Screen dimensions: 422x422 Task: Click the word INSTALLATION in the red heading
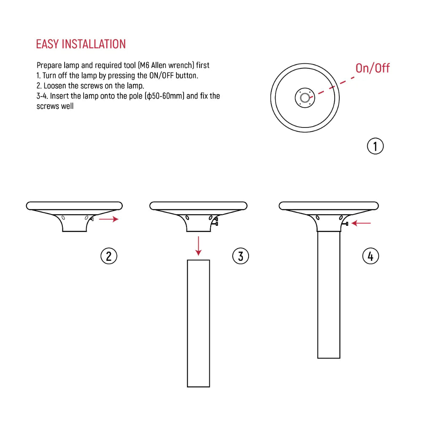[x=94, y=44]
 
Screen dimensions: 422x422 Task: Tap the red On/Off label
[x=372, y=68]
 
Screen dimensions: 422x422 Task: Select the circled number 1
[x=375, y=146]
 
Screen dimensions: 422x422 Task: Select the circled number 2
[x=108, y=256]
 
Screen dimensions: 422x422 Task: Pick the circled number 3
[x=241, y=256]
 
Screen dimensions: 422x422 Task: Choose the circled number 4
[x=371, y=256]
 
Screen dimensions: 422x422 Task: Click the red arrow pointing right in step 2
[x=108, y=219]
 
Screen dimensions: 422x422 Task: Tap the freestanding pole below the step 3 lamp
[x=198, y=323]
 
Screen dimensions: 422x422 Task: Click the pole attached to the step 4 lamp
[x=328, y=295]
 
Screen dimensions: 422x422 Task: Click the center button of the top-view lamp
[x=304, y=98]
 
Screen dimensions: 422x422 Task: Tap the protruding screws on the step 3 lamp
[x=216, y=222]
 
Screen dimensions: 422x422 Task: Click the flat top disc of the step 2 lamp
[x=74, y=206]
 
